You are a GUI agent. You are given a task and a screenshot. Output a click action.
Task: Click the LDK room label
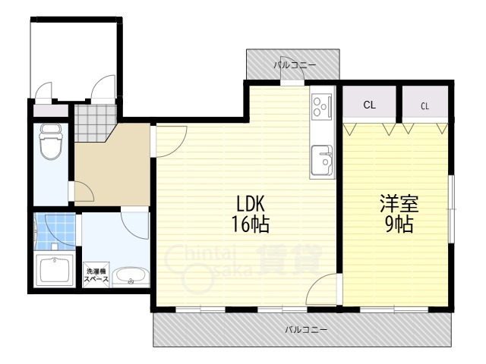tap(251, 204)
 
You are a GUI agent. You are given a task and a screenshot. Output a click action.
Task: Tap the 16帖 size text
tap(251, 224)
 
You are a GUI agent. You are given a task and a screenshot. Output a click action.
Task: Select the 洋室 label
tap(399, 204)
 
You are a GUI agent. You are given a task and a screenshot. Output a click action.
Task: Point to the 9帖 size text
tap(399, 224)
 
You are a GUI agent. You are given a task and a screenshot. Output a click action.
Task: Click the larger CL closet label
tap(369, 105)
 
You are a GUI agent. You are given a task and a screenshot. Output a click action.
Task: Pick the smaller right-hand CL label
tap(425, 106)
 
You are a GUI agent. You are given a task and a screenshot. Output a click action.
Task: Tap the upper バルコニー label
tap(295, 65)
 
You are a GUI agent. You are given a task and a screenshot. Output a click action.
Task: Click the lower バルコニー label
tap(306, 329)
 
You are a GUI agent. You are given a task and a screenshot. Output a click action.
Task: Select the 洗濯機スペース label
tap(96, 275)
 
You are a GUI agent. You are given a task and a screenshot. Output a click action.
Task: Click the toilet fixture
tap(51, 142)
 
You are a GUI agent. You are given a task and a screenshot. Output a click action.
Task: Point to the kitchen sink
tap(322, 160)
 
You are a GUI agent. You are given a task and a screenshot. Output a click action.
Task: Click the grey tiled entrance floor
tap(94, 123)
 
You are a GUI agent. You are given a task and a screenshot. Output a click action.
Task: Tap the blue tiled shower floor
tap(55, 231)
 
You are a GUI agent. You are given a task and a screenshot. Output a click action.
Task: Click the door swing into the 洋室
tap(322, 289)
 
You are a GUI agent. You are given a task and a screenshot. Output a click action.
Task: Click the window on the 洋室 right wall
tap(453, 209)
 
